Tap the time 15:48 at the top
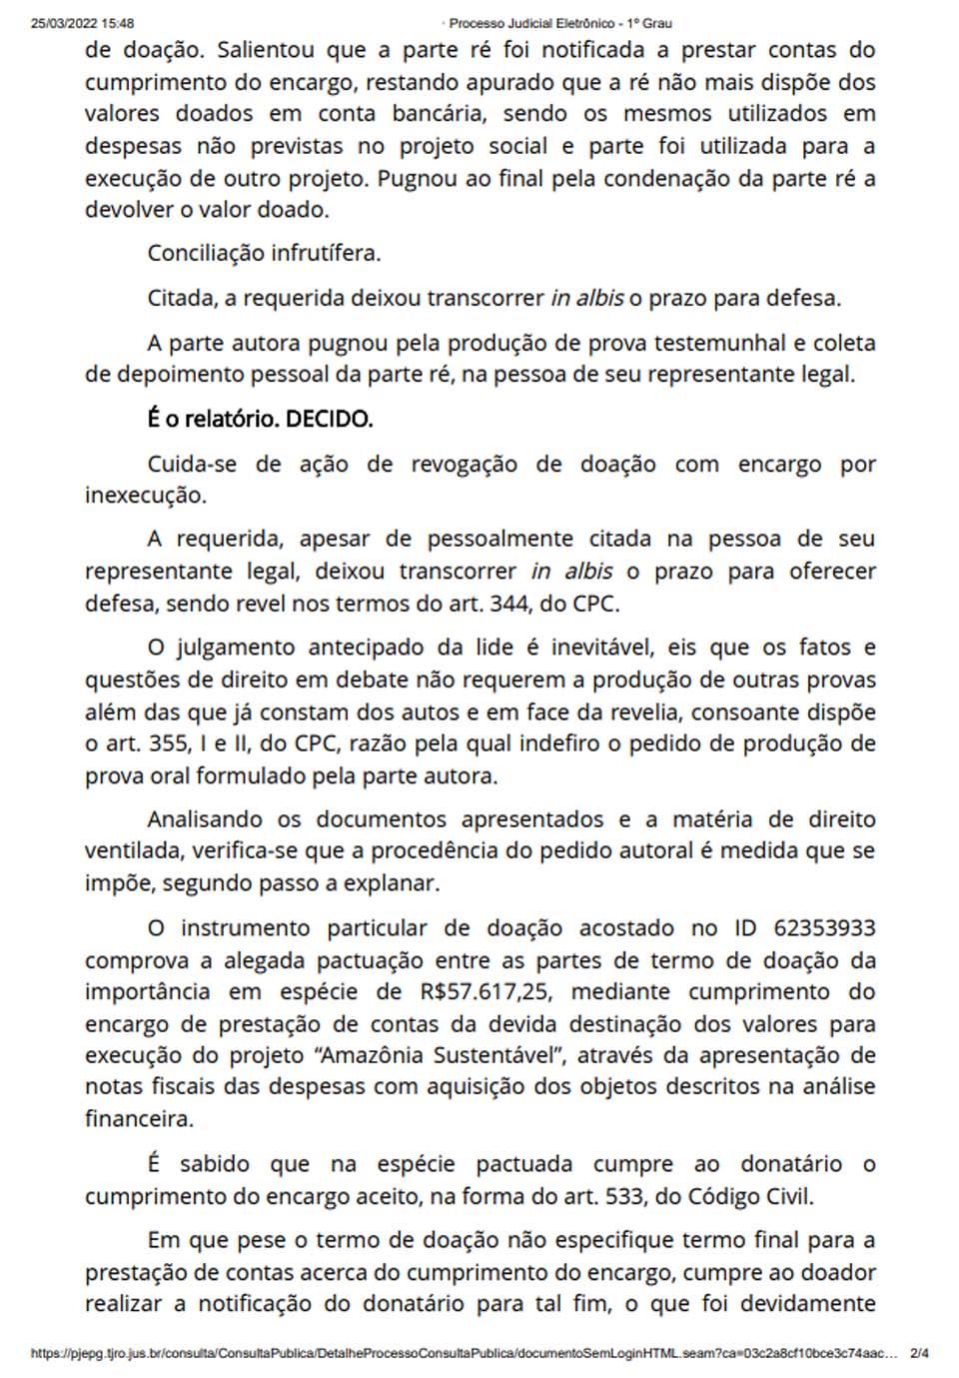pos(119,23)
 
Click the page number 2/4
pos(920,1354)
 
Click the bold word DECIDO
pos(329,420)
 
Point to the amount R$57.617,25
pos(479,992)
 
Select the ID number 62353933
pos(824,928)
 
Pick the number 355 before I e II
pos(151,744)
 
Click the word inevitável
pos(596,648)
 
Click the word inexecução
pos(146,496)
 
